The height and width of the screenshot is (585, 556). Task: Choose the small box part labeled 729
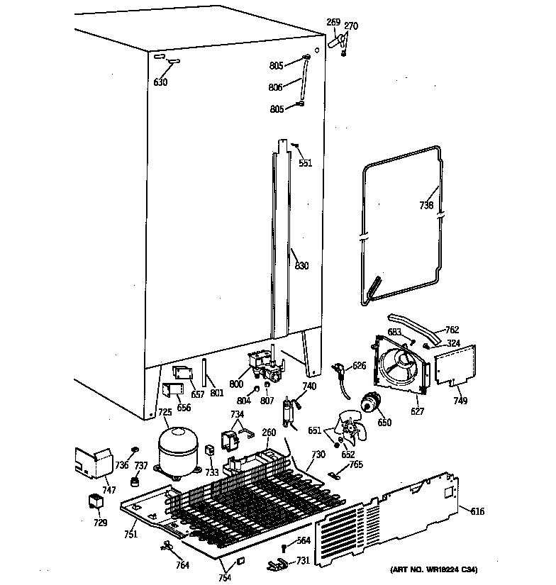point(94,502)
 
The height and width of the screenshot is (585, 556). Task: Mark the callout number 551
point(305,162)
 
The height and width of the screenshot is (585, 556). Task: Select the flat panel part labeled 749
point(453,367)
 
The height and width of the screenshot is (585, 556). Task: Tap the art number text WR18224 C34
point(433,570)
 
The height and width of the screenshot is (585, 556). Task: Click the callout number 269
point(333,23)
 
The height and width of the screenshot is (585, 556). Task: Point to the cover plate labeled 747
point(92,463)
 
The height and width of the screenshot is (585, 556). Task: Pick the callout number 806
point(275,87)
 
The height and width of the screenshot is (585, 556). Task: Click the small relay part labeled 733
point(210,450)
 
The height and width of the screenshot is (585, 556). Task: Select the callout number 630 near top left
point(160,83)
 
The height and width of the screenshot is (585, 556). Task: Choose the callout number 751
point(130,535)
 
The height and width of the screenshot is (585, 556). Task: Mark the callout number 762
point(452,329)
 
